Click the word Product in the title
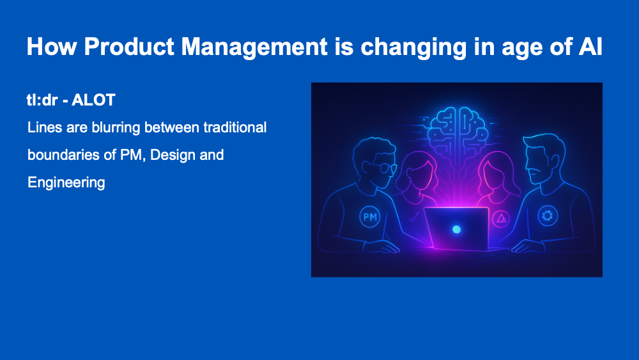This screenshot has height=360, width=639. (x=129, y=46)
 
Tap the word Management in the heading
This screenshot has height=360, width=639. (x=254, y=47)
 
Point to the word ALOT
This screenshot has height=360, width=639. (x=93, y=100)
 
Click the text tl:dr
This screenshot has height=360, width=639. (x=42, y=100)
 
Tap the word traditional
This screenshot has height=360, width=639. (x=235, y=127)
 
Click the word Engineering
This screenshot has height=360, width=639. (x=66, y=183)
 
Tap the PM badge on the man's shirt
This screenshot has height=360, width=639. (x=369, y=217)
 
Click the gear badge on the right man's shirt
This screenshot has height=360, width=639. (x=548, y=215)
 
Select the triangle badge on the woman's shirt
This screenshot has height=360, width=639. (x=501, y=219)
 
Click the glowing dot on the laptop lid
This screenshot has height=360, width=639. (x=456, y=230)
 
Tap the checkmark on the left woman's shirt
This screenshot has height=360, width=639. (x=413, y=217)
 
